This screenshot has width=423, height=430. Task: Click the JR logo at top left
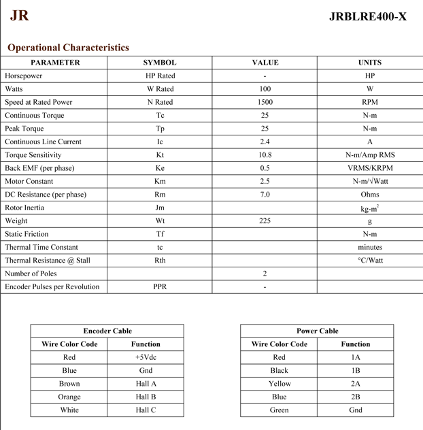[x=19, y=15]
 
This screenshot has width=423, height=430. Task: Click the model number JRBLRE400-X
[x=367, y=16]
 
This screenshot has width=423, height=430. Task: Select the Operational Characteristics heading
[x=68, y=48]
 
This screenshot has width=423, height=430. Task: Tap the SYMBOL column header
[x=160, y=63]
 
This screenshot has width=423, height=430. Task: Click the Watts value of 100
[x=265, y=89]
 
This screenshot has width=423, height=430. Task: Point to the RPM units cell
[x=370, y=102]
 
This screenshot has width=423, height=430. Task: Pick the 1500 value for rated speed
[x=265, y=102]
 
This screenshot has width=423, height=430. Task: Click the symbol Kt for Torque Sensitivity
[x=160, y=155]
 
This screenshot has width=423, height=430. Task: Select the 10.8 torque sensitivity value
[x=265, y=155]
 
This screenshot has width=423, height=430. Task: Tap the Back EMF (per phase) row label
[x=39, y=168]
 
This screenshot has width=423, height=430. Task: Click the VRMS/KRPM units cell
[x=370, y=168]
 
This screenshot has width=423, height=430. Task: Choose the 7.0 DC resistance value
[x=265, y=195]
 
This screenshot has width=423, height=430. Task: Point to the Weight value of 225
[x=265, y=221]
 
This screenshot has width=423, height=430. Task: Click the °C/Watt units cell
[x=370, y=261]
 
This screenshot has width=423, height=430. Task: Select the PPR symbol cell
[x=160, y=287]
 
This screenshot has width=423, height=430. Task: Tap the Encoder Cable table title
[x=107, y=331]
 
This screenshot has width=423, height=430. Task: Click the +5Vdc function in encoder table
[x=146, y=357]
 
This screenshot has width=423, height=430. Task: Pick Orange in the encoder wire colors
[x=69, y=397]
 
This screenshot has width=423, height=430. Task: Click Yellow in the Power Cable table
[x=279, y=384]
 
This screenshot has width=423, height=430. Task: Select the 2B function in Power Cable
[x=356, y=397]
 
